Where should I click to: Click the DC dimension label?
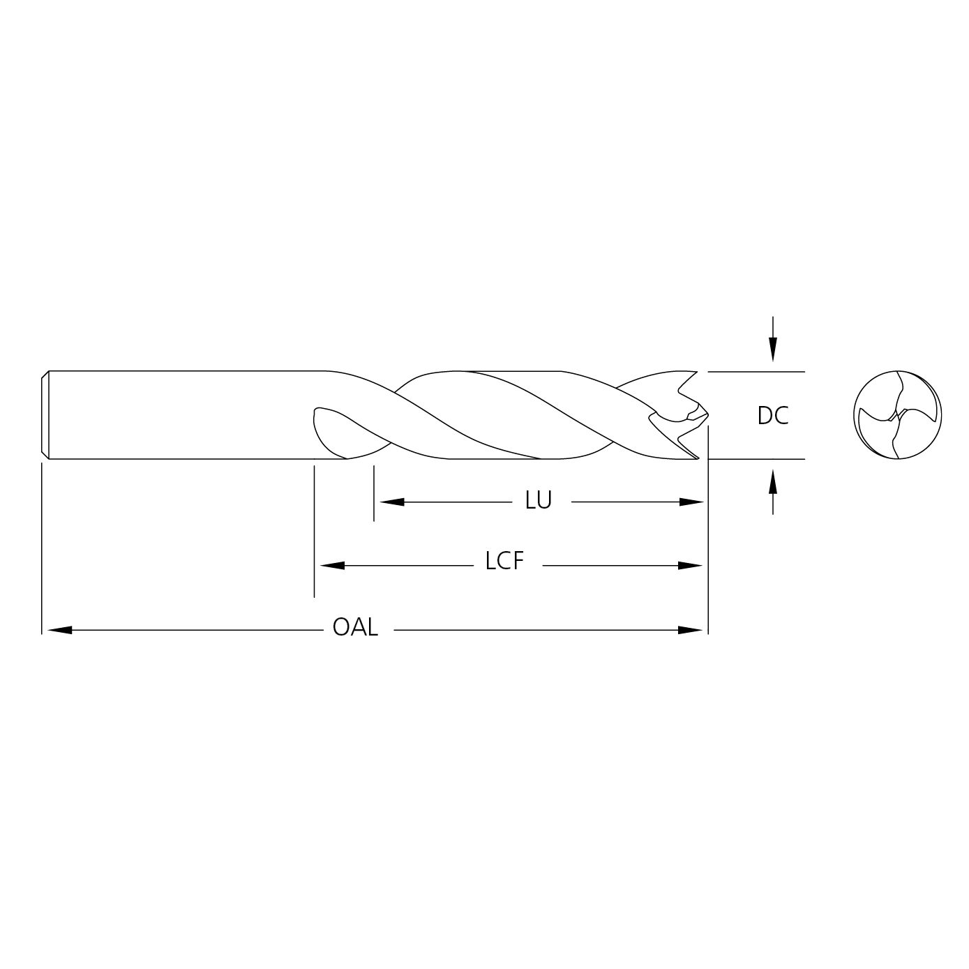pos(772,415)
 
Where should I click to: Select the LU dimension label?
pos(538,500)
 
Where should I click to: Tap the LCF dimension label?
pos(504,561)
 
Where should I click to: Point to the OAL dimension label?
pos(355,627)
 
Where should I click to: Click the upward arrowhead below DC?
pos(773,481)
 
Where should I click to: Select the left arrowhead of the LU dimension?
pos(392,502)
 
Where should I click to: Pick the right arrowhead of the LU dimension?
pos(691,502)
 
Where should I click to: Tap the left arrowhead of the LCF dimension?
pos(332,566)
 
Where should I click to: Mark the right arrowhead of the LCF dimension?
pos(690,566)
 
